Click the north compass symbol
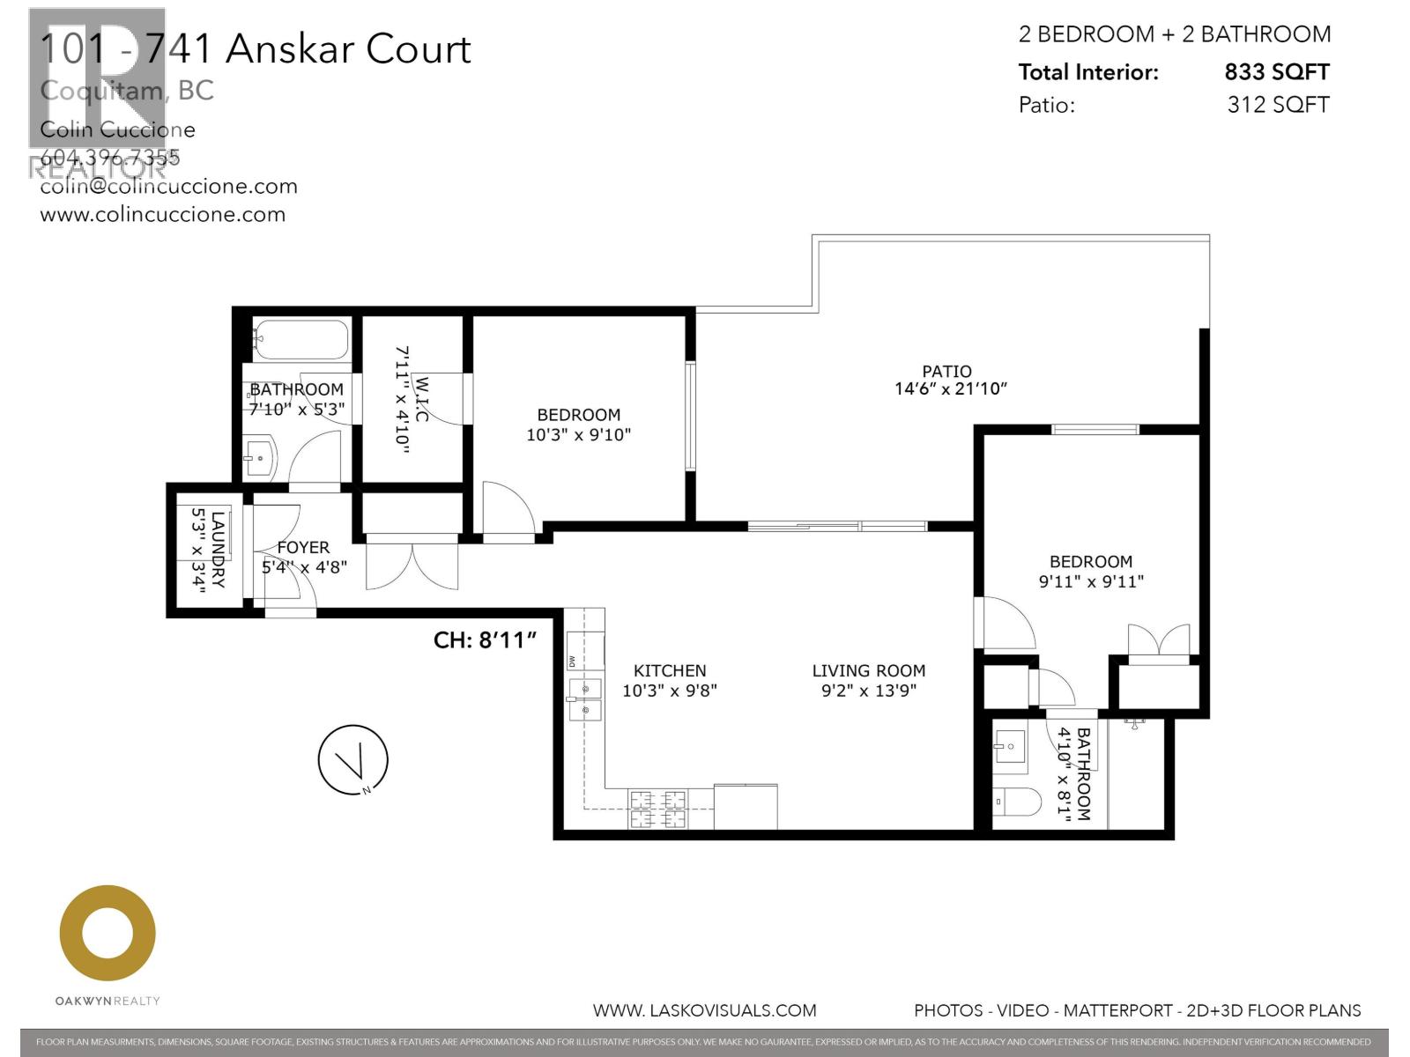coord(352,759)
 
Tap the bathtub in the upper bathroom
coord(301,340)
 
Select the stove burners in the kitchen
coord(657,809)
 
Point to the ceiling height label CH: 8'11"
coord(485,639)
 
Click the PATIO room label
coord(946,372)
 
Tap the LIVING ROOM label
coord(868,671)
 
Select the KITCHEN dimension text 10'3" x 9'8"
coord(670,691)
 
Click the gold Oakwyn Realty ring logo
coord(108,934)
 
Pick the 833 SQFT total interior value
coord(1276,72)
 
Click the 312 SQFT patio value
coord(1277,105)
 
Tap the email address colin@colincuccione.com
coord(168,187)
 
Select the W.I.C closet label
coord(422,398)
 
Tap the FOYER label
coord(303,548)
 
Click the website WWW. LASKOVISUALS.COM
coord(704,1010)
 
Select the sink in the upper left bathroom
coord(261,458)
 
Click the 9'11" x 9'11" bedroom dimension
coord(1091,581)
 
